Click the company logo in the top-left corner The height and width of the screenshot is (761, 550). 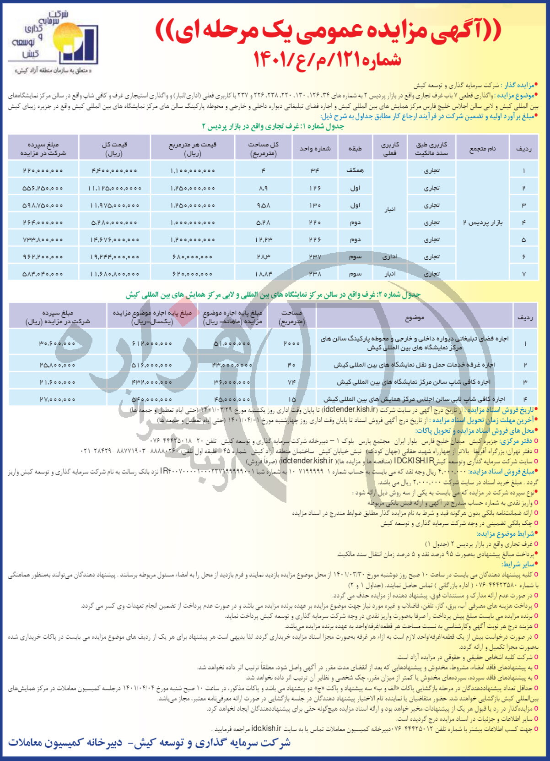click(x=54, y=38)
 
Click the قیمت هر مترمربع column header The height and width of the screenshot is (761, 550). click(x=192, y=149)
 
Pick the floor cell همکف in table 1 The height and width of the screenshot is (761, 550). click(x=355, y=170)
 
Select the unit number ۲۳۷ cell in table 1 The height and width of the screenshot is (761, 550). click(x=315, y=256)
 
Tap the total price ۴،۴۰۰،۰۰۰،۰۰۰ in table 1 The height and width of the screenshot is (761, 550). click(x=114, y=170)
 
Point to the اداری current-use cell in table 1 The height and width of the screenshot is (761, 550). click(x=390, y=256)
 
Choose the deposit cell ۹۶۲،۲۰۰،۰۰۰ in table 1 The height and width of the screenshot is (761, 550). click(x=43, y=256)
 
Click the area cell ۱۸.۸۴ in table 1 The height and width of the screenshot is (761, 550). click(x=264, y=274)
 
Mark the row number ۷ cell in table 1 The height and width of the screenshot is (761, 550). click(x=523, y=274)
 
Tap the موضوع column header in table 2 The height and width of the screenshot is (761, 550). click(x=415, y=317)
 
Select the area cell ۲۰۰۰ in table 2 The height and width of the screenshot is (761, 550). click(x=291, y=343)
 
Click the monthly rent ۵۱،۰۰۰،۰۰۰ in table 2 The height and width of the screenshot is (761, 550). click(x=232, y=343)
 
